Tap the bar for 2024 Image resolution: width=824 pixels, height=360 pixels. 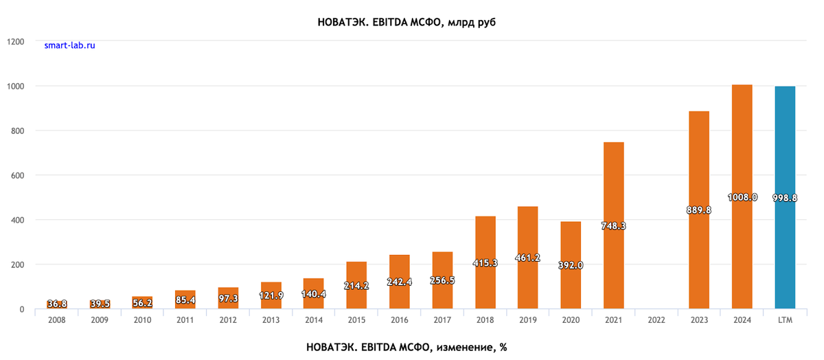(x=742, y=137)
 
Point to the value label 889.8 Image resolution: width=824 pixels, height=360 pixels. (x=699, y=210)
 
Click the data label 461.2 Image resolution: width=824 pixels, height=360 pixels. (x=527, y=258)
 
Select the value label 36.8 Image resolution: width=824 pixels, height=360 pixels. (x=57, y=304)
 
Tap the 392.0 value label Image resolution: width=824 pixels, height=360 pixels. (x=571, y=265)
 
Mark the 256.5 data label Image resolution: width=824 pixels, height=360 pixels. (x=442, y=280)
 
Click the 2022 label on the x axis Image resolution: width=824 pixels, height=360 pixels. (x=656, y=320)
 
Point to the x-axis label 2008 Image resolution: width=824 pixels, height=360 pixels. (x=57, y=320)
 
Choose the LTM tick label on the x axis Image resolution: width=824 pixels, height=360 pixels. (x=785, y=320)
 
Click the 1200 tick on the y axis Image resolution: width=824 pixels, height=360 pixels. (x=15, y=41)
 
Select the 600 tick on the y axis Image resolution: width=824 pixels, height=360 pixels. (x=17, y=175)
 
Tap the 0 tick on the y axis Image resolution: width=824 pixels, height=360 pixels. (x=22, y=309)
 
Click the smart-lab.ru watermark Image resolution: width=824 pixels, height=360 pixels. (x=69, y=45)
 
